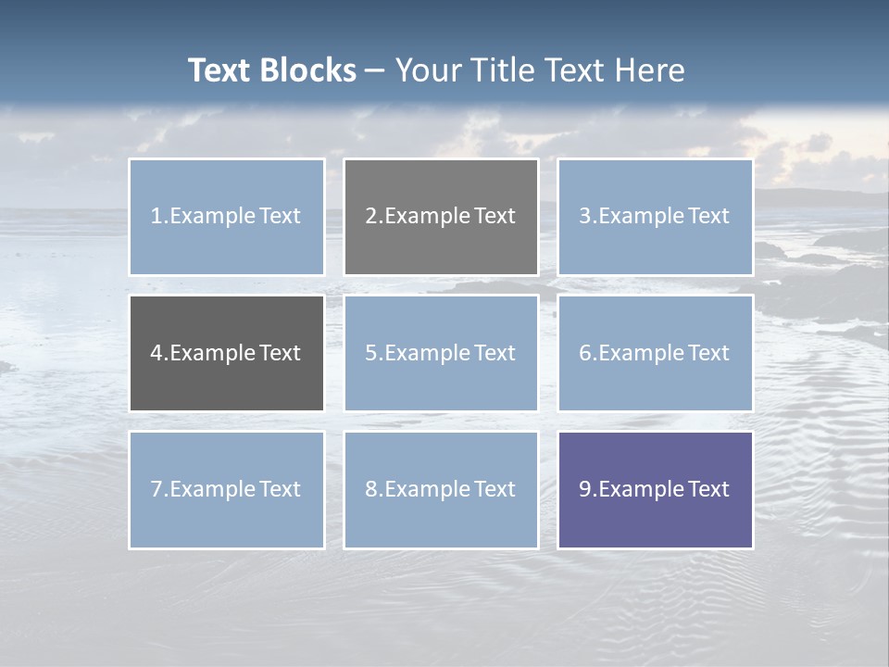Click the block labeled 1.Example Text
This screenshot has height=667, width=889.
[x=227, y=217]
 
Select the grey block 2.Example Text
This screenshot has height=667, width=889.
[x=441, y=217]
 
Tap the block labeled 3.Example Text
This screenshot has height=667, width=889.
[x=655, y=217]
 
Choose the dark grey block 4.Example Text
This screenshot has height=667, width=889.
[x=227, y=353]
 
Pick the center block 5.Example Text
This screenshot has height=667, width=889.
[x=441, y=353]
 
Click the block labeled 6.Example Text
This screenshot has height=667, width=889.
[x=655, y=353]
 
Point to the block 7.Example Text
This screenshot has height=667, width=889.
[x=227, y=489]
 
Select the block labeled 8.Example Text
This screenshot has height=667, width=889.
[x=441, y=489]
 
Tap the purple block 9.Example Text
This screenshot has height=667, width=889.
[x=655, y=489]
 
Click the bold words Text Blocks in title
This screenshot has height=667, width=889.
[x=271, y=70]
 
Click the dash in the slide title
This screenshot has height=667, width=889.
[x=375, y=70]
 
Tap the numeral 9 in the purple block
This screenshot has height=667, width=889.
[x=585, y=489]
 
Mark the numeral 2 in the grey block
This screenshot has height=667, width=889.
[x=371, y=217]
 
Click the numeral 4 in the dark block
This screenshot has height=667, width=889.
[x=157, y=353]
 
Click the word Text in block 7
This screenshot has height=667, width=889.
[x=280, y=489]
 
